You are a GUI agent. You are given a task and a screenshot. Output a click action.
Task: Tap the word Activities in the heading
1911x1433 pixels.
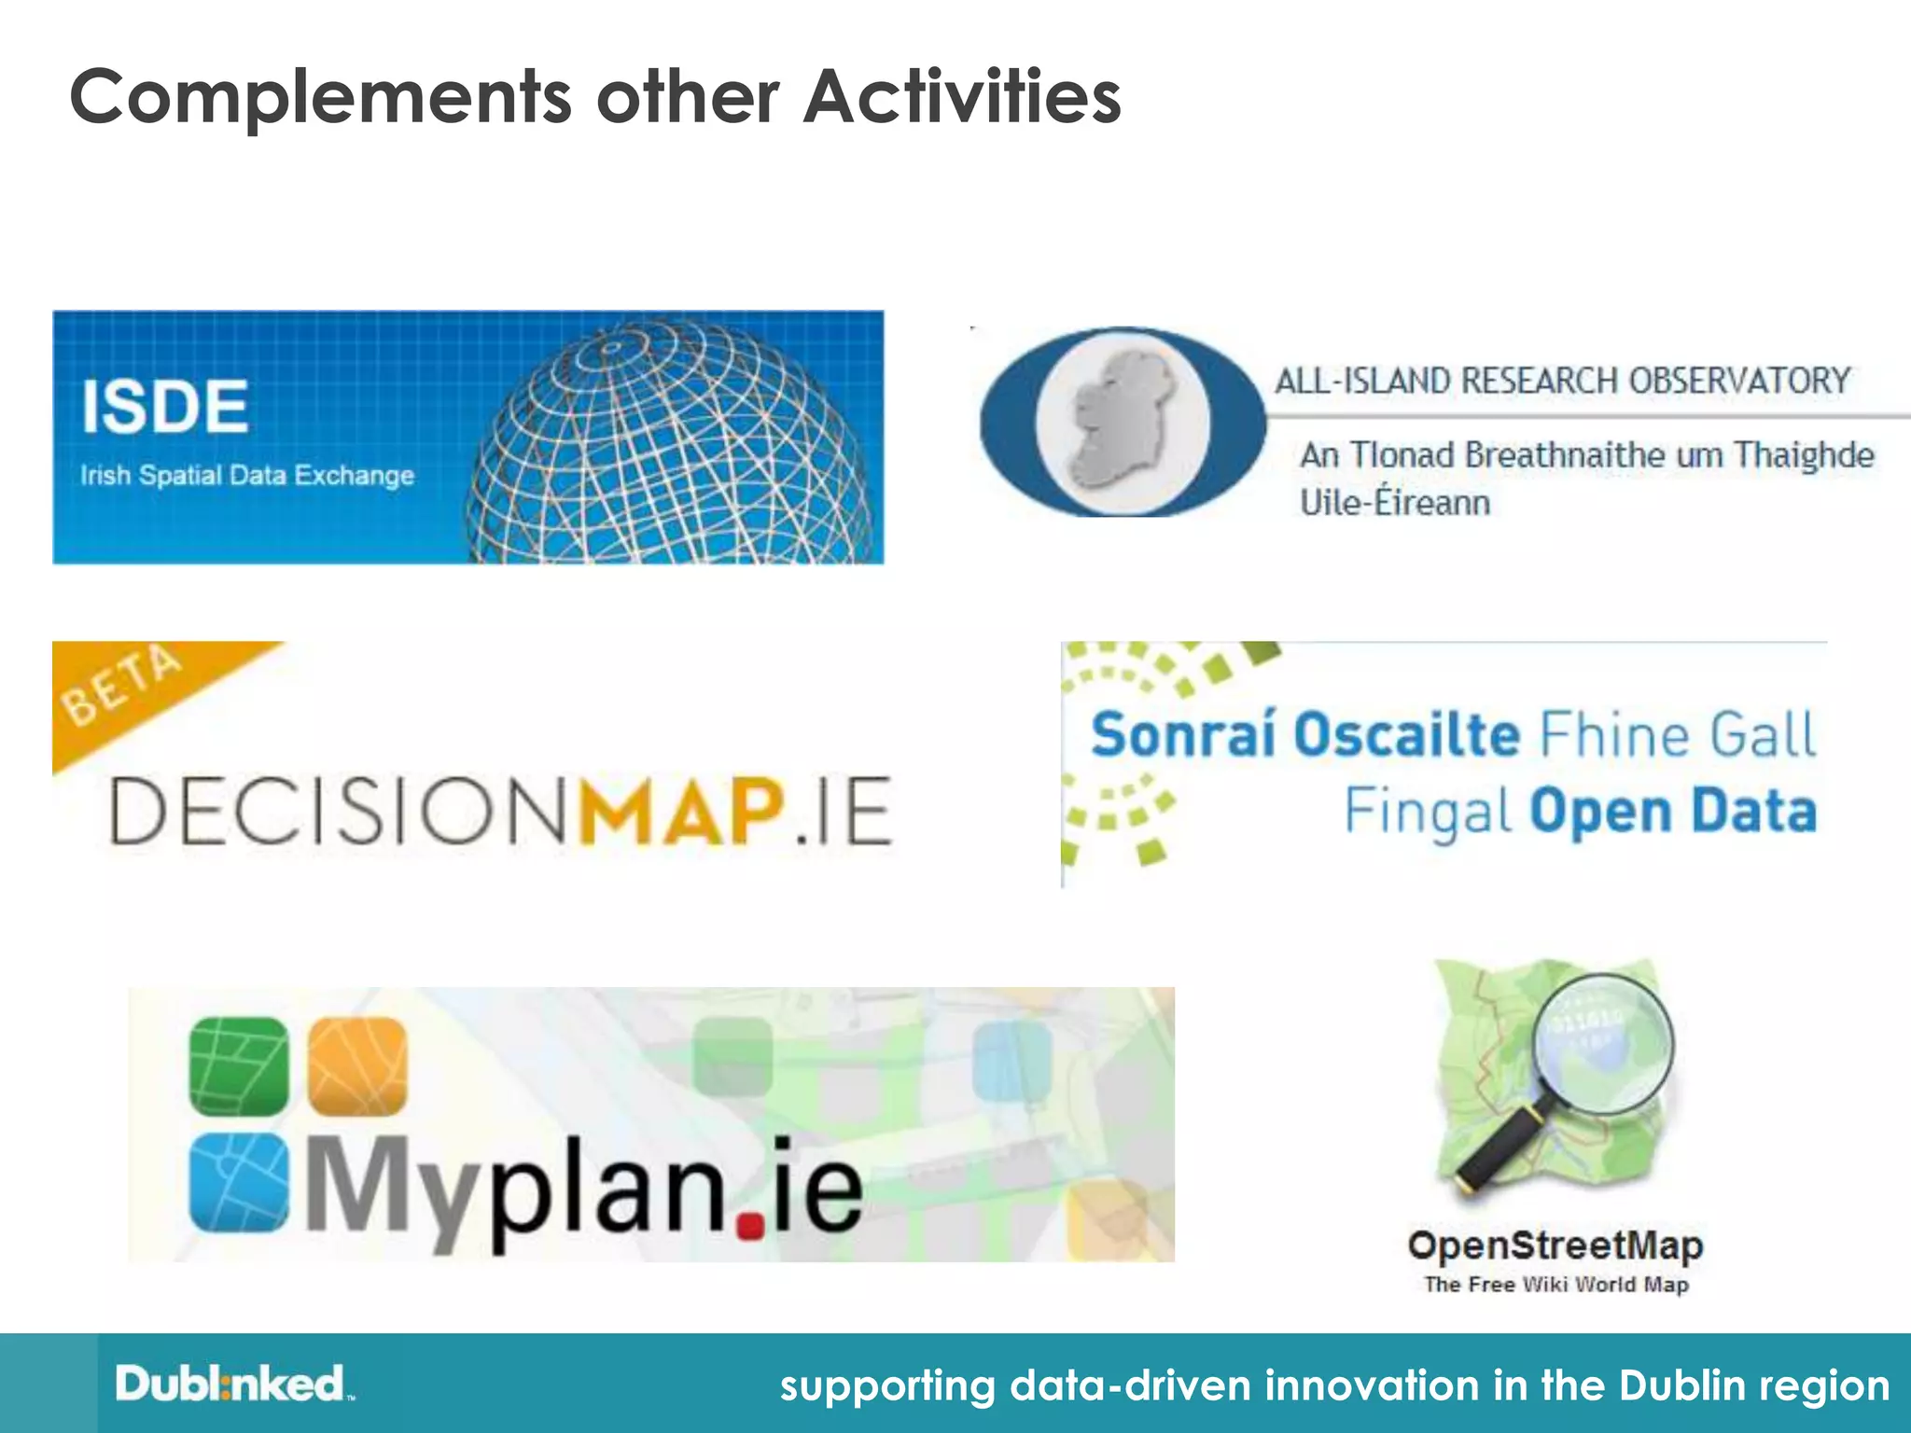pos(962,96)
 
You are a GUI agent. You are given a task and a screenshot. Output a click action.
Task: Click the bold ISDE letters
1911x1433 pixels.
pos(165,407)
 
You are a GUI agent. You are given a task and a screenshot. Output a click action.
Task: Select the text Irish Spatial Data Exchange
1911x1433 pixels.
pos(247,476)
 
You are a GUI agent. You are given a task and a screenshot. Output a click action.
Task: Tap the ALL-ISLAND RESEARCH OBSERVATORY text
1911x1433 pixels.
pos(1562,381)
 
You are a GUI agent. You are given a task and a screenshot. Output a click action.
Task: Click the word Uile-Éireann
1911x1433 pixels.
pos(1395,503)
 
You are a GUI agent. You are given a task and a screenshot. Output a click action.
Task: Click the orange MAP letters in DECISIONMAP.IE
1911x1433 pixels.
pos(681,810)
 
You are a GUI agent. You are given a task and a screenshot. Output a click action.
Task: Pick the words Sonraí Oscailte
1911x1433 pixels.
pos(1304,733)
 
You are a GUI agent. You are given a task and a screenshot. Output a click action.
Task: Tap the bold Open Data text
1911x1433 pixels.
pos(1673,811)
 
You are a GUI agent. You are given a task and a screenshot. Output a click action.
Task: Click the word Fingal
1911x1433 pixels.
pos(1427,811)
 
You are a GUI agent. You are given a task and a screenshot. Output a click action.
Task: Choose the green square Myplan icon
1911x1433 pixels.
pos(239,1066)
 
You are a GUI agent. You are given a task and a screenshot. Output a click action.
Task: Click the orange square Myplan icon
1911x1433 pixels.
pos(357,1066)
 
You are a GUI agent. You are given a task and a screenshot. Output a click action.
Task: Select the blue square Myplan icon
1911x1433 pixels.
pos(239,1183)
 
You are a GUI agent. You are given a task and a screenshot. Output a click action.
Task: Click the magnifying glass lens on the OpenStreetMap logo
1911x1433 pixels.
pos(1604,1045)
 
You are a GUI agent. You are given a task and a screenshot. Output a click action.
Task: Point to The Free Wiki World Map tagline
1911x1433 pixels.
pos(1556,1285)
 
